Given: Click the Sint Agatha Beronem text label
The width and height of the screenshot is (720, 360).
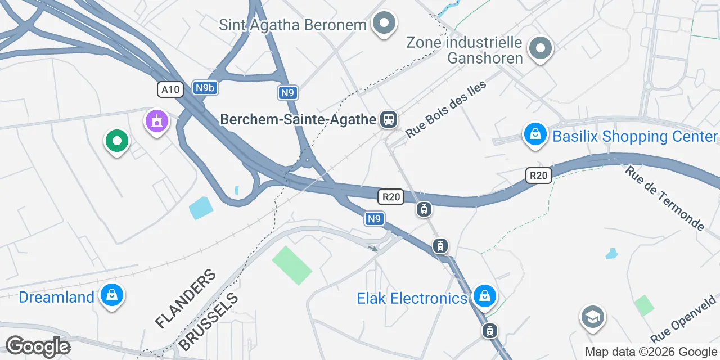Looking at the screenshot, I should point(292,25).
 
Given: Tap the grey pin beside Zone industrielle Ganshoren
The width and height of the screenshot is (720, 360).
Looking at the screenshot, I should point(541,48).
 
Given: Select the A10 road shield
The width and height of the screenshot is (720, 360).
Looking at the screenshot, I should point(170,89).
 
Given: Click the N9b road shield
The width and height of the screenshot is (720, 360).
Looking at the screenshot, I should point(205,88).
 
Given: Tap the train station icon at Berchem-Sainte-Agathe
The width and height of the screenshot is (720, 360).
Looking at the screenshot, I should point(388,119).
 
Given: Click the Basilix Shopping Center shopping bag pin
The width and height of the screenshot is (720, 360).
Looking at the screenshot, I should point(535,135).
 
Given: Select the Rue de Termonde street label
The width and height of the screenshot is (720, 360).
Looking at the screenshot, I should point(664,198).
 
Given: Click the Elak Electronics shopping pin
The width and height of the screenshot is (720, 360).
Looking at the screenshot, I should point(484,296).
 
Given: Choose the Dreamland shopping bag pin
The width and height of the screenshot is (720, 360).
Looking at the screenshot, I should point(112,295).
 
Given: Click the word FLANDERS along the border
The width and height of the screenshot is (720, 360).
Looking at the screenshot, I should point(186,299).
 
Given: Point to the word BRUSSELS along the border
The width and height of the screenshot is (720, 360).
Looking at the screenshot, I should point(208,321).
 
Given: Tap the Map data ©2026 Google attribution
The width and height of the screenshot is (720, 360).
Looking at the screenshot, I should point(651,352).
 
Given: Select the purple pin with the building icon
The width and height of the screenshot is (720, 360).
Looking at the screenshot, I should point(157,121).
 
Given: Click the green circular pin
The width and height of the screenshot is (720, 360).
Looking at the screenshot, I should point(116,141).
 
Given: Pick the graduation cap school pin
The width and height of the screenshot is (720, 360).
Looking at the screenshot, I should point(592,317).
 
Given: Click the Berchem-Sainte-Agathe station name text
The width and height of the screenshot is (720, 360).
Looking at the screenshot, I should point(298,119).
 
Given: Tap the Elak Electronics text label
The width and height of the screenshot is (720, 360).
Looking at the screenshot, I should point(412,298).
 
